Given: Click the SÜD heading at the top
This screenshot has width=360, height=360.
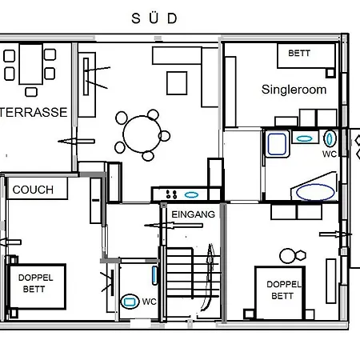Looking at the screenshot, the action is (x=154, y=18).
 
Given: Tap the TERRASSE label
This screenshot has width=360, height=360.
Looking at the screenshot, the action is (x=34, y=112).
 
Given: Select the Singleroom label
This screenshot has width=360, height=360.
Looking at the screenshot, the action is (x=294, y=90).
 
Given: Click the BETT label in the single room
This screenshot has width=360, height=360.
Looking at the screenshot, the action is (x=299, y=53).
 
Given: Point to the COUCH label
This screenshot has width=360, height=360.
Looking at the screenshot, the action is (x=33, y=190).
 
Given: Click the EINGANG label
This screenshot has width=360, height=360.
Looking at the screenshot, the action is (x=193, y=214).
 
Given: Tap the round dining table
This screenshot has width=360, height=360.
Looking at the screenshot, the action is (x=142, y=134).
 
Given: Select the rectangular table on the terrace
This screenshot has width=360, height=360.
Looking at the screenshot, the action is (x=31, y=64).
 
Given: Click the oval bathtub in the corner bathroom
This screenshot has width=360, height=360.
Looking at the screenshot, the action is (x=315, y=192).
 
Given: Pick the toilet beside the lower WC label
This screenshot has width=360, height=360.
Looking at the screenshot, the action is (x=130, y=302).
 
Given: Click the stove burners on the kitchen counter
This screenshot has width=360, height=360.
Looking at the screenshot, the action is (x=171, y=194).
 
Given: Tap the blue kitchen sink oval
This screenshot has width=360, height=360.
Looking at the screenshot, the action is (x=191, y=195).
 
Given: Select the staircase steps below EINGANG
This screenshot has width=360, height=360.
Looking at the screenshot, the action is (x=193, y=272).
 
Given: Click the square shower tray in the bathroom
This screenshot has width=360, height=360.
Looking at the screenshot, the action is (x=277, y=144).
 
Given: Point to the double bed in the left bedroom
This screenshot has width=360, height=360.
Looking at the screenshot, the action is (x=37, y=286).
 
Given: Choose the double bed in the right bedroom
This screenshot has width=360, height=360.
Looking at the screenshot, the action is (x=280, y=293).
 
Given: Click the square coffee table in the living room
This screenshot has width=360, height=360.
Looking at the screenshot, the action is (x=177, y=83).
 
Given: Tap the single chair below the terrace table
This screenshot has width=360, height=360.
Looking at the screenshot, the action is (x=31, y=92).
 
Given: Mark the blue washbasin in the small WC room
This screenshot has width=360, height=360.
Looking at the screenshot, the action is (x=154, y=275).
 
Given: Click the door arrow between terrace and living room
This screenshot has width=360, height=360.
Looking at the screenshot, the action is (x=76, y=142).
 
